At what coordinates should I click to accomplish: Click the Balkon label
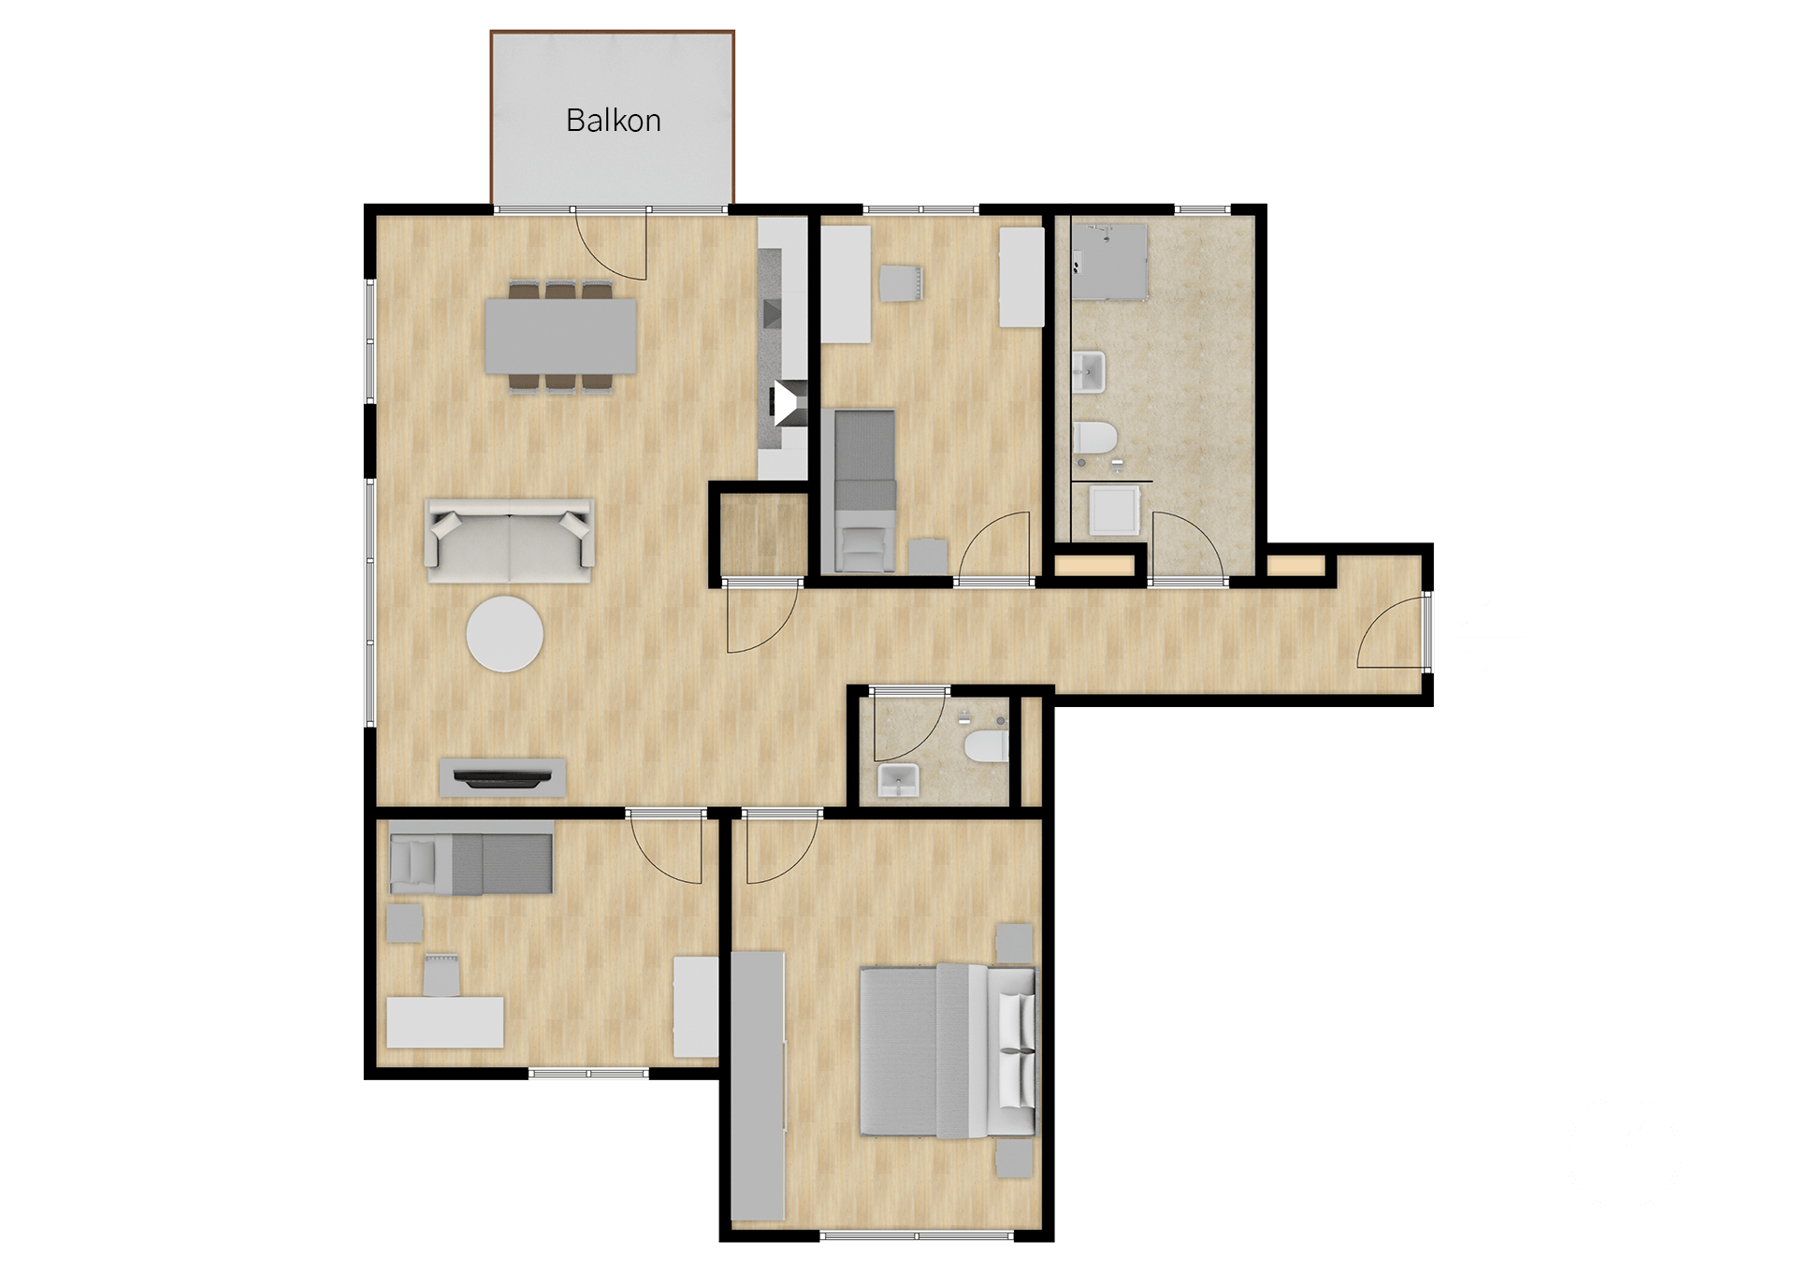(614, 121)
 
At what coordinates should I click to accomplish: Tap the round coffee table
(505, 633)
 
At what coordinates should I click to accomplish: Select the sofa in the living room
(510, 541)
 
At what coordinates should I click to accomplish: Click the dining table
(561, 335)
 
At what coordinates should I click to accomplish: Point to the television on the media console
(502, 777)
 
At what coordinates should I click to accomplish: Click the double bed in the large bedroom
(948, 1051)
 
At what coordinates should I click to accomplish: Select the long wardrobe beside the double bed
(758, 1086)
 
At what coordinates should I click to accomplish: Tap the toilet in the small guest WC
(987, 746)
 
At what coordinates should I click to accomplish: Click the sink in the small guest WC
(899, 780)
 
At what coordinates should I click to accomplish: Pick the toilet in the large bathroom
(1094, 437)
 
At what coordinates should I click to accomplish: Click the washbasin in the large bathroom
(1089, 371)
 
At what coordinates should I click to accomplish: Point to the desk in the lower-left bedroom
(445, 1022)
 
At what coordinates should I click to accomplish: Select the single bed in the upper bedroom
(864, 490)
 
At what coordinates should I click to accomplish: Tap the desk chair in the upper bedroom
(902, 283)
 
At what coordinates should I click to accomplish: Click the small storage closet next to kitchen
(763, 534)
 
